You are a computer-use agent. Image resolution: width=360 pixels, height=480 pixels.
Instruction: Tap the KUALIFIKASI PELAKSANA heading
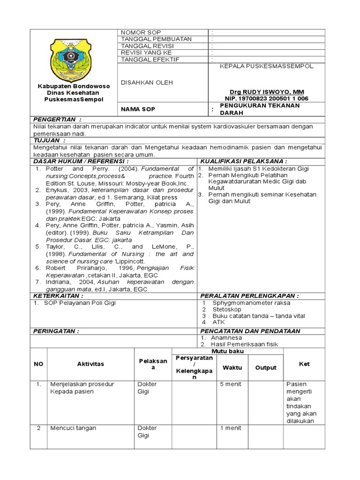pyautogui.click(x=244, y=161)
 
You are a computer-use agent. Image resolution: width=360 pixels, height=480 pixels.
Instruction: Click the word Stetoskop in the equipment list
pyautogui.click(x=227, y=309)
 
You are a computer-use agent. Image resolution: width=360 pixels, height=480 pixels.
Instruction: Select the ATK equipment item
pyautogui.click(x=219, y=322)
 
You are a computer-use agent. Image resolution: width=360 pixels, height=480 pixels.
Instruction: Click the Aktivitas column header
pyautogui.click(x=90, y=364)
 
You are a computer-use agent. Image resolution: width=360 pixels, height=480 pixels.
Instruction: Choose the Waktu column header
pyautogui.click(x=232, y=367)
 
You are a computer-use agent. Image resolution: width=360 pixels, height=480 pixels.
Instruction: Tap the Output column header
pyautogui.click(x=266, y=367)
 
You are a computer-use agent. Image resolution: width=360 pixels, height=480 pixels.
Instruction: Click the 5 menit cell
pyautogui.click(x=231, y=384)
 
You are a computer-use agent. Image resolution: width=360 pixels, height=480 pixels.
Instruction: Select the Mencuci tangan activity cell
pyautogui.click(x=73, y=428)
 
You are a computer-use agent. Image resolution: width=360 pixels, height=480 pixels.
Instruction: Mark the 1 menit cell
pyautogui.click(x=231, y=428)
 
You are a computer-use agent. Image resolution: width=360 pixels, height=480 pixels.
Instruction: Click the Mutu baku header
pyautogui.click(x=228, y=351)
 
